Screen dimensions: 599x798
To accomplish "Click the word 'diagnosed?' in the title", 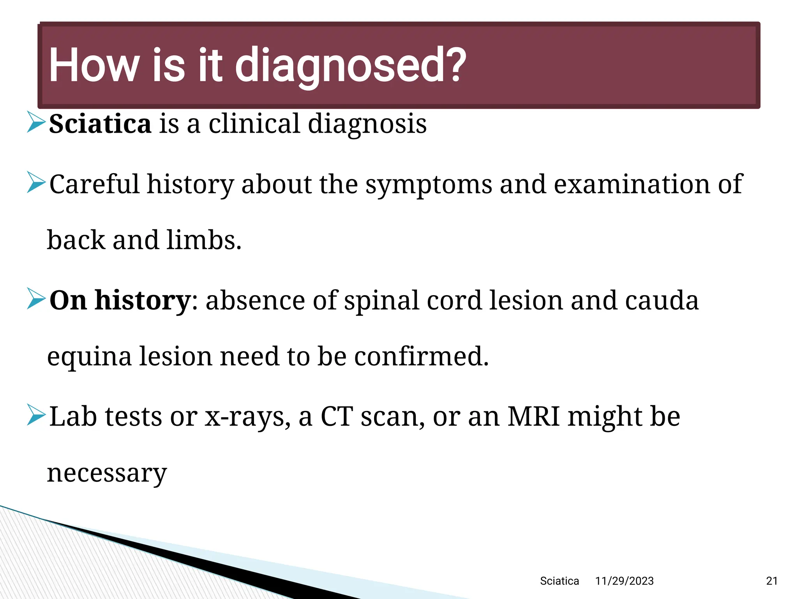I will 350,66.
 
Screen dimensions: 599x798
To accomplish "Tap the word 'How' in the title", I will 94,66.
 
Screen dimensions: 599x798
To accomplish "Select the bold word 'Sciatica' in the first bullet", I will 100,124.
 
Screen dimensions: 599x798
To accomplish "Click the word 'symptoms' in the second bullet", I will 429,184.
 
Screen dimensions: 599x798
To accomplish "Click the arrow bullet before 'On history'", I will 36,299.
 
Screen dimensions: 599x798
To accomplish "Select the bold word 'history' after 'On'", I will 142,301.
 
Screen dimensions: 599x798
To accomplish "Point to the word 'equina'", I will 89,357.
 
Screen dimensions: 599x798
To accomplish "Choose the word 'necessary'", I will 107,473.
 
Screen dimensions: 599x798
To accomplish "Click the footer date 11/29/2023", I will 624,581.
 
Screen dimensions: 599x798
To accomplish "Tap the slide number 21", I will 772,581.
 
